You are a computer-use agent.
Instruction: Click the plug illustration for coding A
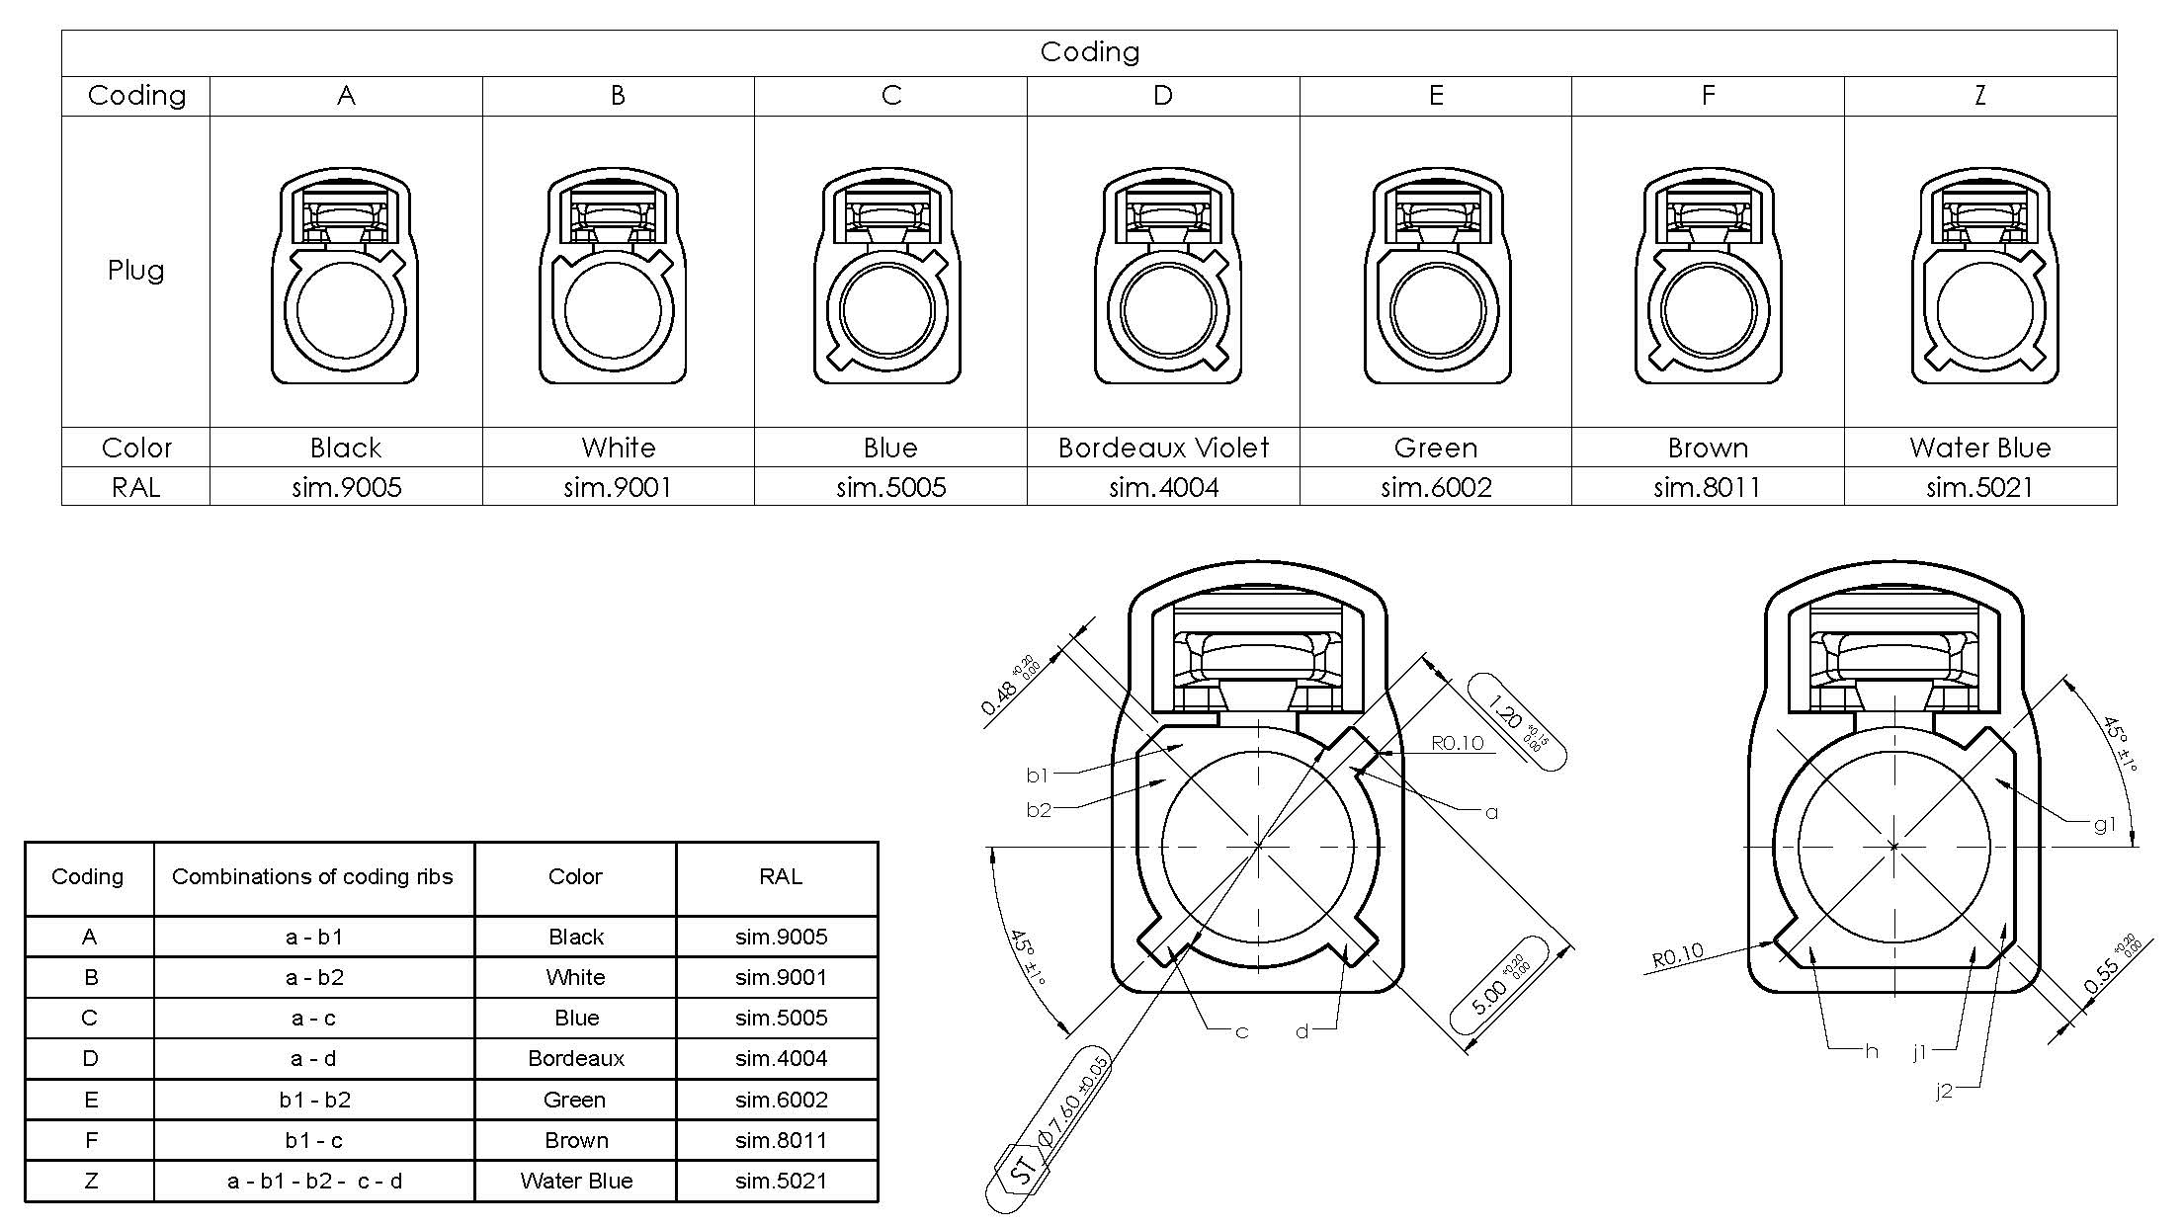pyautogui.click(x=345, y=276)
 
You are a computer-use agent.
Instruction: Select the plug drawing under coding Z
pyautogui.click(x=1984, y=276)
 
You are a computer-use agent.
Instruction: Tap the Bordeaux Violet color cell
pyautogui.click(x=1163, y=448)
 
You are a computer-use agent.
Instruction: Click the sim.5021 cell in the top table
pyautogui.click(x=1979, y=487)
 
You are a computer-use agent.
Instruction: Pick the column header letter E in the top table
pyautogui.click(x=1436, y=96)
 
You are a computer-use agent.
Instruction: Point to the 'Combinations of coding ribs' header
pyautogui.click(x=312, y=877)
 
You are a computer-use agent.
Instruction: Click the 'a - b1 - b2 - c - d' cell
pyautogui.click(x=314, y=1181)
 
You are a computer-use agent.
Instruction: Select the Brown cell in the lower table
pyautogui.click(x=576, y=1140)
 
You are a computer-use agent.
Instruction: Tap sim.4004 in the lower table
pyautogui.click(x=781, y=1058)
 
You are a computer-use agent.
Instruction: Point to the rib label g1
pyautogui.click(x=2104, y=824)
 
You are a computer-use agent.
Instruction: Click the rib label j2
pyautogui.click(x=1943, y=1091)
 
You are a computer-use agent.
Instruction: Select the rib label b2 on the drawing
pyautogui.click(x=1039, y=810)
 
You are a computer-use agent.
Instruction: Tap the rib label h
pyautogui.click(x=1871, y=1051)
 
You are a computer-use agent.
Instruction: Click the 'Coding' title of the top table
pyautogui.click(x=1089, y=52)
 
